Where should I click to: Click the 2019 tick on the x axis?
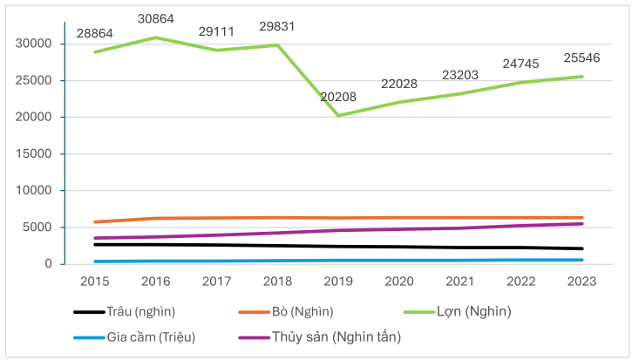337,282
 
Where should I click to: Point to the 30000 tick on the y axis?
37,44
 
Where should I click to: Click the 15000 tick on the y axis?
37,153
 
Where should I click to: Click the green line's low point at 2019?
337,115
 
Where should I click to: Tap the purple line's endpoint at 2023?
582,224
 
